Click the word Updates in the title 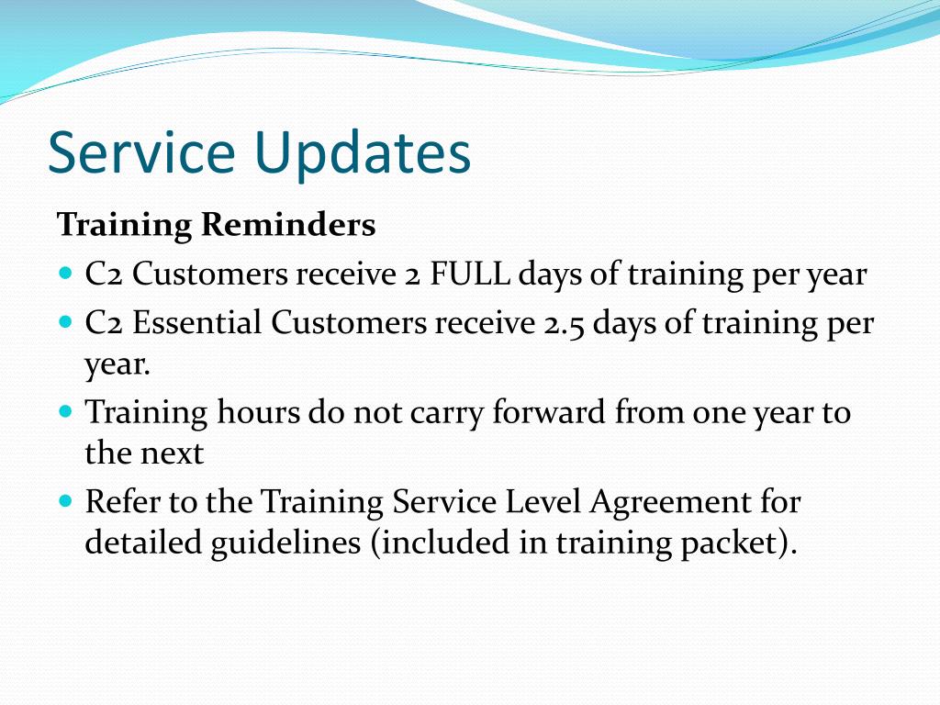click(362, 154)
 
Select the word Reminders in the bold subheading click(288, 225)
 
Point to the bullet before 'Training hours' click(66, 411)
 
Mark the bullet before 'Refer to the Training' click(66, 500)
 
